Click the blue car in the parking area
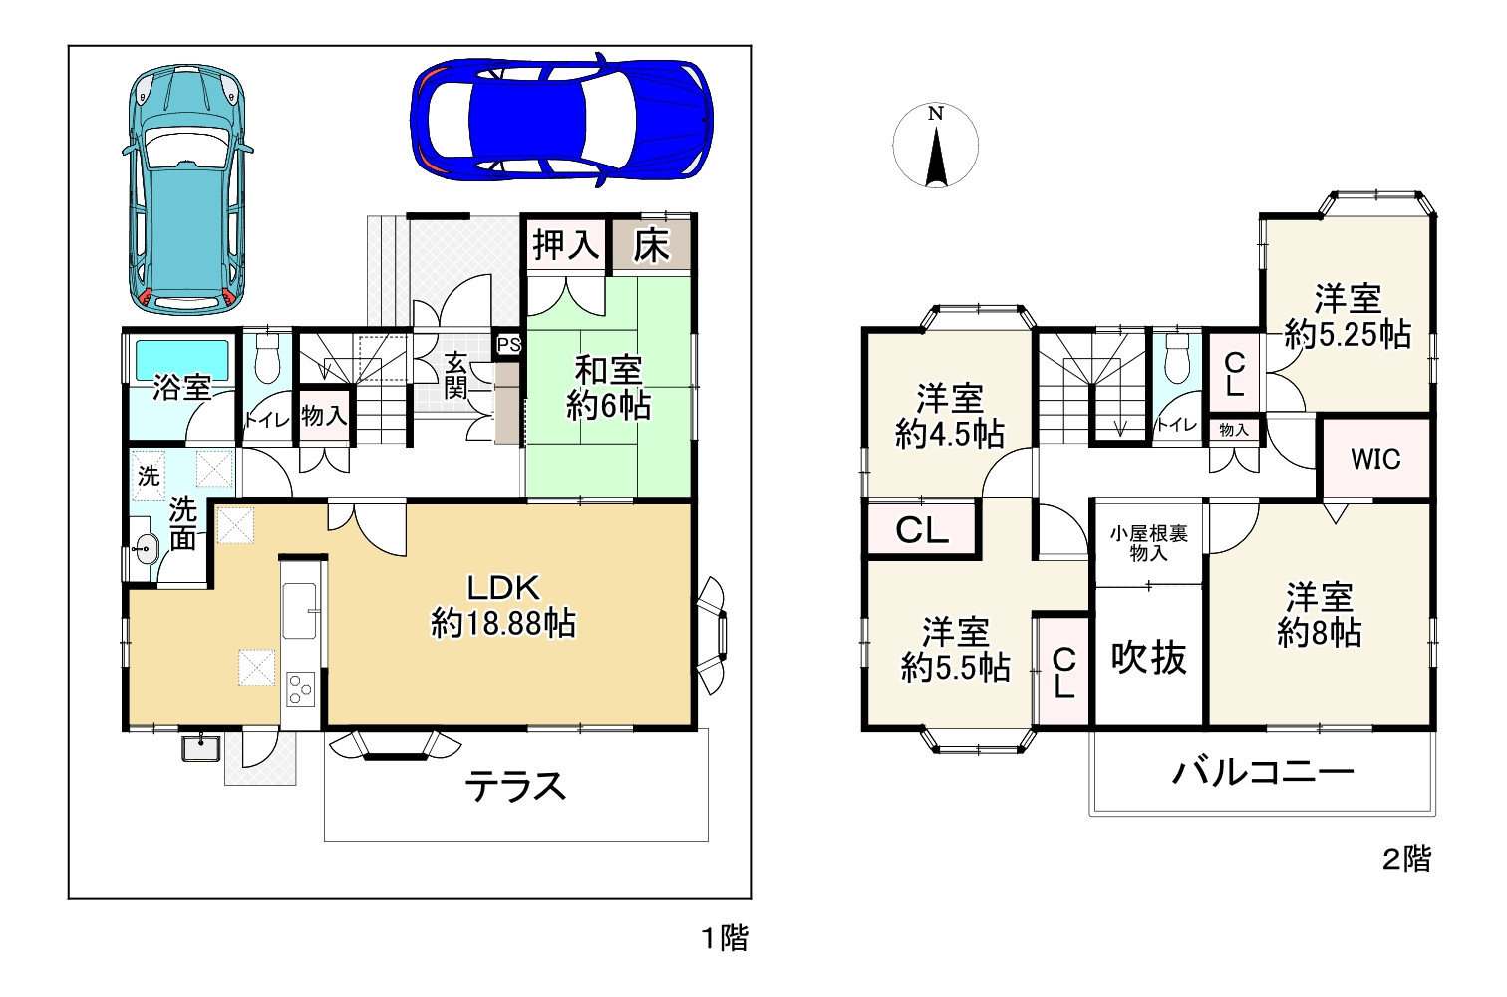(561, 121)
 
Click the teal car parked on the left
(187, 189)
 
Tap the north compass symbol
(935, 146)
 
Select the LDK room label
(504, 606)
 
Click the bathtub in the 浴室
(182, 360)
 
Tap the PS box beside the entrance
(508, 345)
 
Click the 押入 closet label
(566, 244)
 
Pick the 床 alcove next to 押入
(651, 245)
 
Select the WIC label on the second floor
(1375, 459)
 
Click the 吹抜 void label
(1148, 657)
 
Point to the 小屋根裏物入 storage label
(1148, 544)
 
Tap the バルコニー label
(1263, 772)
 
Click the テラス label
(515, 786)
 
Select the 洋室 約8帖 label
(1320, 615)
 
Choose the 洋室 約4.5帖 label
(949, 416)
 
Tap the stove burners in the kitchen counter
(300, 689)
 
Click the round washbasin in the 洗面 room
(144, 550)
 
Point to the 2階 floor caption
(1406, 859)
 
